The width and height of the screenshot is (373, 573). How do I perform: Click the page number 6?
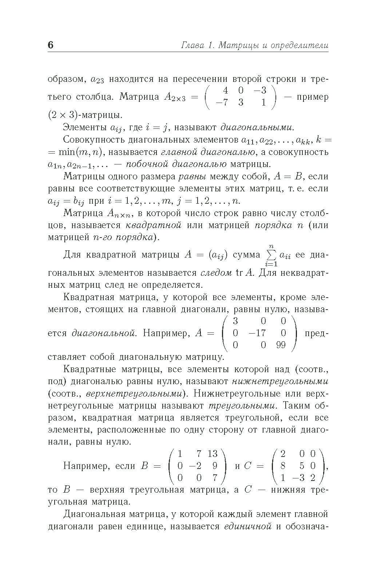pyautogui.click(x=50, y=45)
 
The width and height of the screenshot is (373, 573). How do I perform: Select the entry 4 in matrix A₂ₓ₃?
pyautogui.click(x=226, y=90)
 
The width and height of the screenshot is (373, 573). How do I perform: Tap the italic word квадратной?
pyautogui.click(x=153, y=225)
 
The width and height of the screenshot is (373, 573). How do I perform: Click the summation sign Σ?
pyautogui.click(x=271, y=255)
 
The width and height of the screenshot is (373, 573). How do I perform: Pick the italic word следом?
pyautogui.click(x=216, y=272)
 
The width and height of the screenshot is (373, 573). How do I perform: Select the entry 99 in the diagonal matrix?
pyautogui.click(x=281, y=345)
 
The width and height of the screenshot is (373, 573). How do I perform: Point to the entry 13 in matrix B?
pyautogui.click(x=212, y=454)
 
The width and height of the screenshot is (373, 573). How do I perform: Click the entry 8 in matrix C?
pyautogui.click(x=283, y=466)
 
